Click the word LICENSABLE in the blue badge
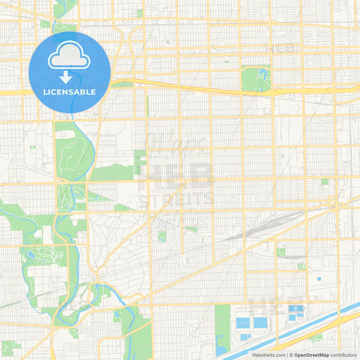70,92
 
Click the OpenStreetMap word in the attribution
311,355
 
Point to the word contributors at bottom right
344,355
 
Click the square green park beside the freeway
256,78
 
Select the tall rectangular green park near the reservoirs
222,328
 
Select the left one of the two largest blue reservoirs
243,323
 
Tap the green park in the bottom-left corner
9,348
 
